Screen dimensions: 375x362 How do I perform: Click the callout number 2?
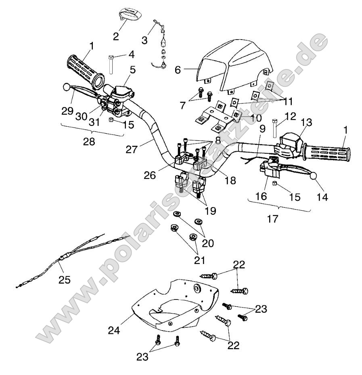[x=116, y=36]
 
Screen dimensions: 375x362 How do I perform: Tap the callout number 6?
[x=188, y=69]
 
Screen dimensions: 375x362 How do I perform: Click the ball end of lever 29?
[x=67, y=86]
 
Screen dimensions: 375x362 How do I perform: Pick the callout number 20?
[x=209, y=243]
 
